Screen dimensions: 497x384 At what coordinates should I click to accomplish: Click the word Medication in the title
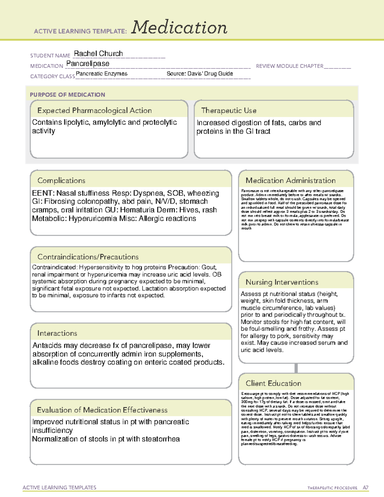coord(179,28)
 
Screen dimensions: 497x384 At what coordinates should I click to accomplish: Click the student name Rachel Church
coord(98,53)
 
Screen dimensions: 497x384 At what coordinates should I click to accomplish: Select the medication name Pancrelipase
coord(88,64)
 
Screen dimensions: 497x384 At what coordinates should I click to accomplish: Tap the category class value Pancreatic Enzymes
coord(101,74)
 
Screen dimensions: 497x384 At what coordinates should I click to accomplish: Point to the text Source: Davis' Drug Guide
coord(200,74)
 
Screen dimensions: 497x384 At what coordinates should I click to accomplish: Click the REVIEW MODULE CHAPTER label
coord(290,66)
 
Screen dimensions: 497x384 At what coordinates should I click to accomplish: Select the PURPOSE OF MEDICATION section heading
coord(68,95)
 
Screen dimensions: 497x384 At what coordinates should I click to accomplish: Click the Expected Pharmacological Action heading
coord(94,110)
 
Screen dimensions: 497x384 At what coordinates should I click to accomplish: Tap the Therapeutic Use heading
coord(228,110)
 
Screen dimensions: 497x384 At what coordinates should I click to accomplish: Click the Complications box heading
coord(61,180)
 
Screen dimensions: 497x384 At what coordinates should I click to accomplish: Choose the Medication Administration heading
coord(290,180)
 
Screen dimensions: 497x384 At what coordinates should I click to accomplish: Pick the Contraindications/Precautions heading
coord(88,257)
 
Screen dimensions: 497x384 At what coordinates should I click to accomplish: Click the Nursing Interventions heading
coord(282,282)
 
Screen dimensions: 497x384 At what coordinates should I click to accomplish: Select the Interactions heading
coord(57,333)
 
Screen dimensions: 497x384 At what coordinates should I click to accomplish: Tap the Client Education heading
coord(273,383)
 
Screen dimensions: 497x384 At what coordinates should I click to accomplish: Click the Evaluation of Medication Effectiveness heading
coord(102,410)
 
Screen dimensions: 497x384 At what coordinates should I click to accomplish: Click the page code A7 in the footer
coord(365,488)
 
